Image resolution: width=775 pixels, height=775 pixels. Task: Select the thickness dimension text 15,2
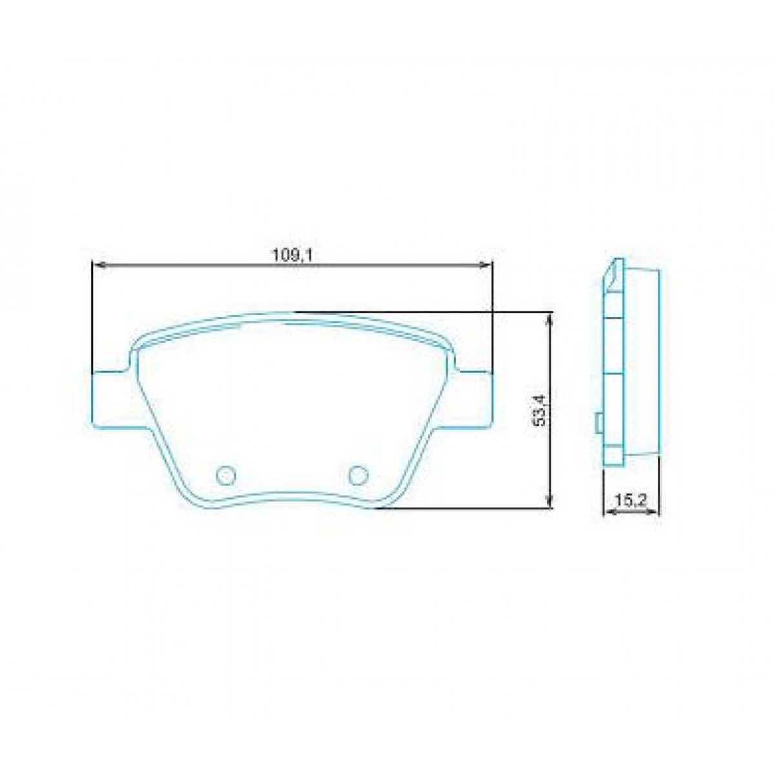[631, 501]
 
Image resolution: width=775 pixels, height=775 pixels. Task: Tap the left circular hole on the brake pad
[226, 475]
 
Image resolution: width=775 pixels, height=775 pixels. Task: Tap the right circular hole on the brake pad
[357, 475]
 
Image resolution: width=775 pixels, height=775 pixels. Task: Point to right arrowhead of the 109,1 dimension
[487, 263]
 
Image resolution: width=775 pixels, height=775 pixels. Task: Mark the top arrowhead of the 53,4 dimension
[549, 318]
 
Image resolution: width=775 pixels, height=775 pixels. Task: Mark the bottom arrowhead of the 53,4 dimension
[549, 502]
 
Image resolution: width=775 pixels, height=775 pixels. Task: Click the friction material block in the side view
[643, 362]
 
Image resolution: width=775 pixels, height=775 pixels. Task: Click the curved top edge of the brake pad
[291, 315]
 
